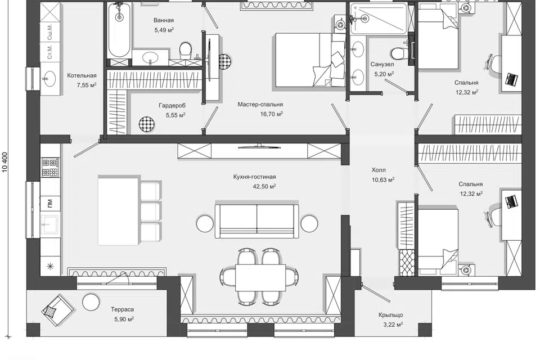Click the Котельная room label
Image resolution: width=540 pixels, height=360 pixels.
point(82,75)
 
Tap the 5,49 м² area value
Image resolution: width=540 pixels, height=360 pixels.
point(164,30)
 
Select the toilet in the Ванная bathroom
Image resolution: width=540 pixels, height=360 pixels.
point(185,49)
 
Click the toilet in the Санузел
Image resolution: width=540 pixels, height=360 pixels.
point(398,53)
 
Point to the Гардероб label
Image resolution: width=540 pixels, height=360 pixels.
point(172,105)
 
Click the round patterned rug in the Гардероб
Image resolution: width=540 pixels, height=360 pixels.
point(147,124)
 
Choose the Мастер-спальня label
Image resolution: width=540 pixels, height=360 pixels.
point(260,105)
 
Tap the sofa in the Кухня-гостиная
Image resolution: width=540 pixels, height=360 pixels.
point(256,221)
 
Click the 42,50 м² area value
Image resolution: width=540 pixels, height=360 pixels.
point(264,186)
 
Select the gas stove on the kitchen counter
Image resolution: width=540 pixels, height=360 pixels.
point(50,167)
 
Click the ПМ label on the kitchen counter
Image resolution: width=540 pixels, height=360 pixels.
point(50,204)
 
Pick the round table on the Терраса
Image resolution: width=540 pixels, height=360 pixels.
point(91,302)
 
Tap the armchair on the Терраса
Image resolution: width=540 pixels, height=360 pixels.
point(57,310)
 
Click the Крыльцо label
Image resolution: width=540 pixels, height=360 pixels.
point(390,315)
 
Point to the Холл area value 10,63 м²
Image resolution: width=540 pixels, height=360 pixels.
point(383,179)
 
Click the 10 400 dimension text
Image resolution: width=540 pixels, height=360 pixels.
point(5,162)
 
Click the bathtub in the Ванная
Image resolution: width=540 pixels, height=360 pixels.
point(119,30)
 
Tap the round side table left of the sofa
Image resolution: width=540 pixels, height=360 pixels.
point(205,223)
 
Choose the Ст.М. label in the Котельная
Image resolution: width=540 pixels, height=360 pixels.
point(50,52)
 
